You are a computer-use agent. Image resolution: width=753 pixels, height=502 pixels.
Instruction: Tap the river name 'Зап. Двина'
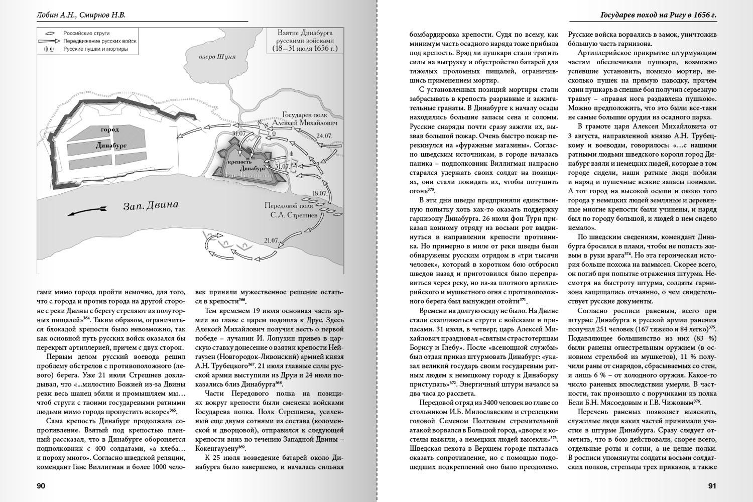pos(151,205)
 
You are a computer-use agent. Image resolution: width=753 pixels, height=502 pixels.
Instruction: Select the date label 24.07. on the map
pos(325,136)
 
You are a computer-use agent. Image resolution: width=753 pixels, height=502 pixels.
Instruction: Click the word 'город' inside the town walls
pos(110,129)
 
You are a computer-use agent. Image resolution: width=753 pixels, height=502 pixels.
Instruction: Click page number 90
pos(41,485)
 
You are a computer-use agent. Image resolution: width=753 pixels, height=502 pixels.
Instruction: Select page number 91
pos(712,485)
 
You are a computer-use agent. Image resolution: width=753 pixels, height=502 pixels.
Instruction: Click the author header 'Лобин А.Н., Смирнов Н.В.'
pos(81,15)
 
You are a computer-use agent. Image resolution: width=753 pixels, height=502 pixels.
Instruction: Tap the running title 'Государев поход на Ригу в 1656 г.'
pos(659,15)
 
